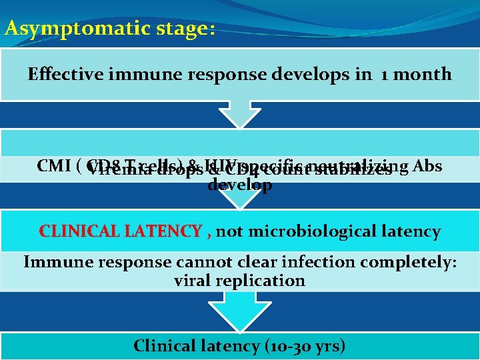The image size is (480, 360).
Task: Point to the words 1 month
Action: pos(416,74)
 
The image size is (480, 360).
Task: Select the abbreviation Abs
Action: pos(427,165)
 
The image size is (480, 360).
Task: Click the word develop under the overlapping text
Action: pos(239,185)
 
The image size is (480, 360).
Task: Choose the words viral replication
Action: pos(239,281)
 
